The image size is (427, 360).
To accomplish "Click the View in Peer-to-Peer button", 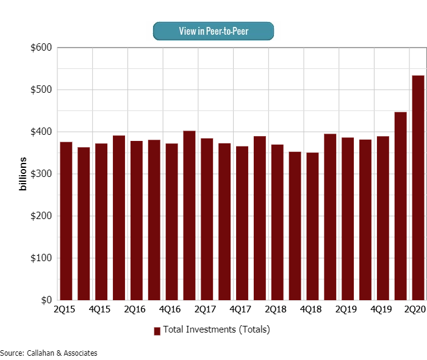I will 213,31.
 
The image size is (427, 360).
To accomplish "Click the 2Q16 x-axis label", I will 135,310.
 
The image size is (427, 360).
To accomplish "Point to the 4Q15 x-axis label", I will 99,310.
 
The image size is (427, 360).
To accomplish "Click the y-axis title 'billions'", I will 23,173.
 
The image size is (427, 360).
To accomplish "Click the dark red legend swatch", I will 157,331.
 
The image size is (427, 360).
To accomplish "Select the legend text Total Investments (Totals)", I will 216,330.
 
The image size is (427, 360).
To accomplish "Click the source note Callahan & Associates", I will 49,353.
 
